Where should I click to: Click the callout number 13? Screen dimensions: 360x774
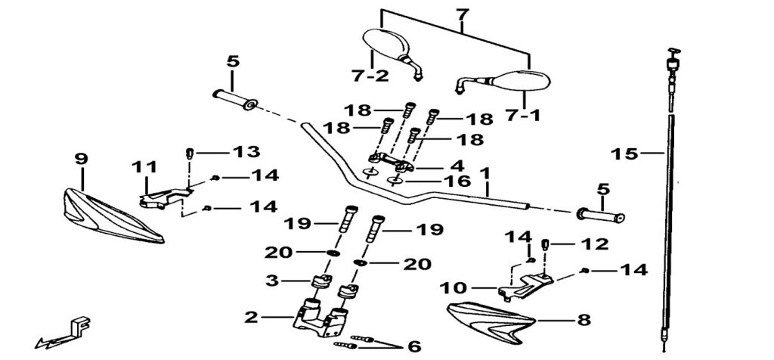pyautogui.click(x=246, y=152)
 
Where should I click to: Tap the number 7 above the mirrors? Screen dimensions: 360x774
pyautogui.click(x=463, y=15)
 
